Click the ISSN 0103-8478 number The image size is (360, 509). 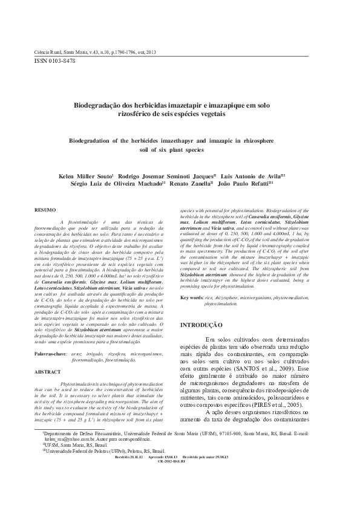pyautogui.click(x=54, y=61)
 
